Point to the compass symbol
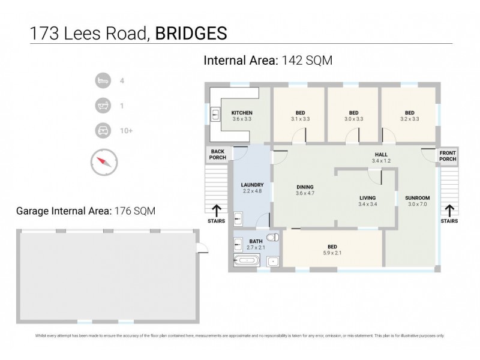[104, 161]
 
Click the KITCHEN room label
[242, 113]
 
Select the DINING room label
[305, 186]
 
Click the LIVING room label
[367, 197]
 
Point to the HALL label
[380, 154]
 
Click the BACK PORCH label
[217, 154]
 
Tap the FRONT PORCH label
[448, 155]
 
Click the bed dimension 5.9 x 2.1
[332, 253]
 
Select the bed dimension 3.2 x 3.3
[409, 119]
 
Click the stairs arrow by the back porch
[217, 210]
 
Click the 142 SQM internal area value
[307, 60]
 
